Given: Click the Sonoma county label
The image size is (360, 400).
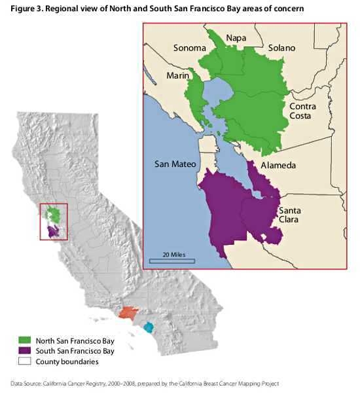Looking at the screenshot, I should click(190, 48).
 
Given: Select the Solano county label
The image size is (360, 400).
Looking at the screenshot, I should click(281, 48).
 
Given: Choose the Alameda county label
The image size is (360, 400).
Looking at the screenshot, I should click(278, 166).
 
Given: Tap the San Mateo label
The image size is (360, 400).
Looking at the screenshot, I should click(175, 164).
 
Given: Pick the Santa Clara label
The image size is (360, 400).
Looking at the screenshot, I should click(289, 215).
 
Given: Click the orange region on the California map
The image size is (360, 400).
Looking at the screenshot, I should click(128, 313).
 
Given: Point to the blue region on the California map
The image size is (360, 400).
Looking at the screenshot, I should click(149, 327).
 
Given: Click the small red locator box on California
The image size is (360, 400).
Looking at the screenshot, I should click(54, 222).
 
